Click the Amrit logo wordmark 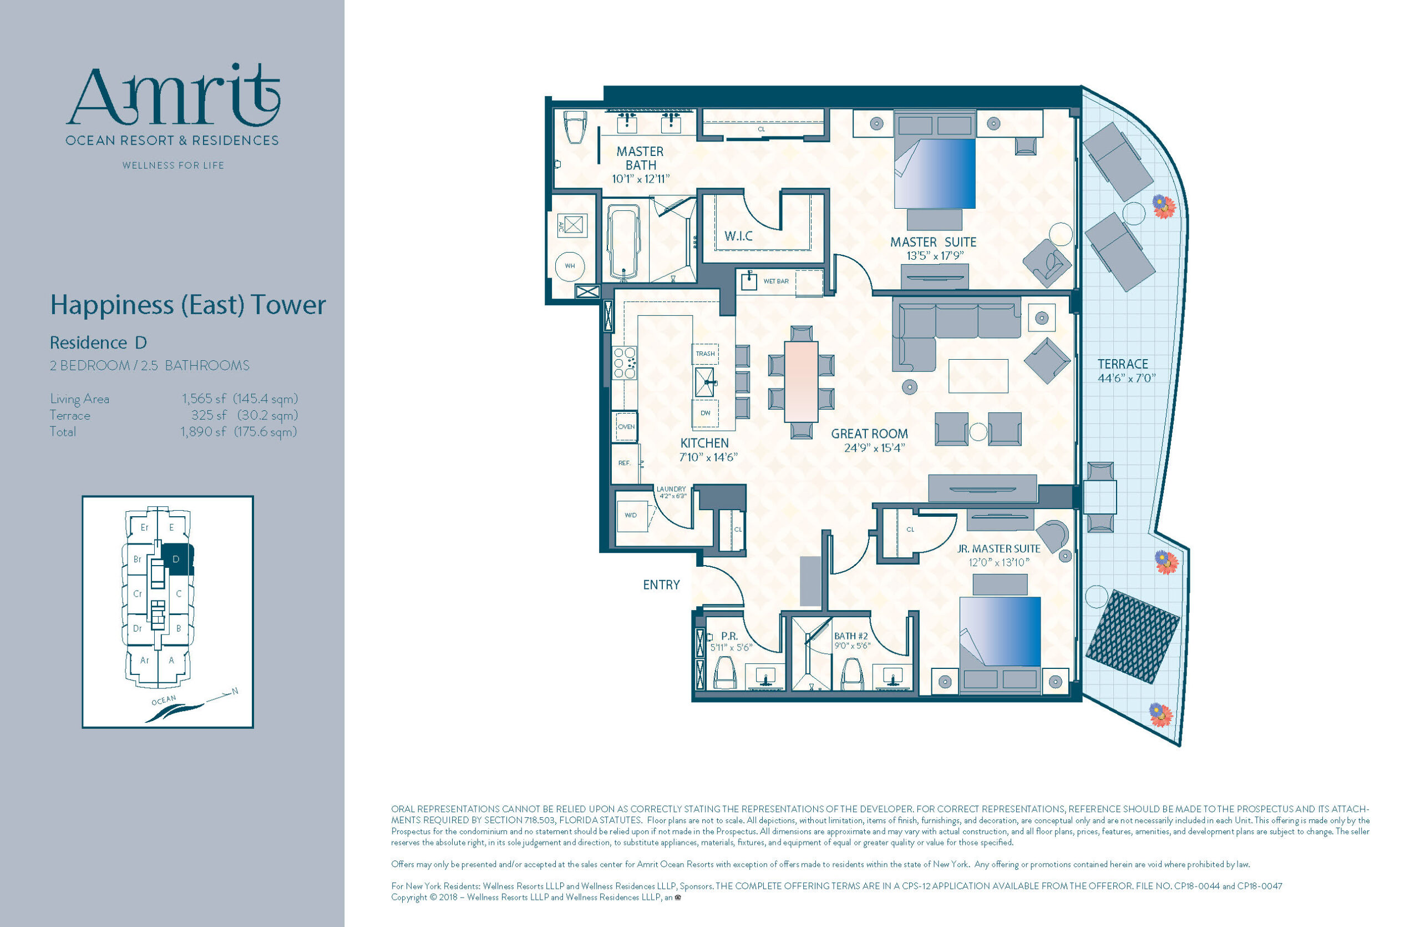173,95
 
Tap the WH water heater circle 570,266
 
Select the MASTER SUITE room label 933,242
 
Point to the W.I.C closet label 739,236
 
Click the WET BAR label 775,281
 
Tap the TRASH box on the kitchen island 705,354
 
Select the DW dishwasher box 705,412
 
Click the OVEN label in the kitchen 626,427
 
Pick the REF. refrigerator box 625,462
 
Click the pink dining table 800,381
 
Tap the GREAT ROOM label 869,434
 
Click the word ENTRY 661,585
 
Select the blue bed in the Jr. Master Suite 1000,632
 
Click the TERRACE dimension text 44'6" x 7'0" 1127,378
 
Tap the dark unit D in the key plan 177,560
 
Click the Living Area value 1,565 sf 204,399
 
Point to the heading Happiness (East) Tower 188,305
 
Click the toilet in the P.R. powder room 726,673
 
